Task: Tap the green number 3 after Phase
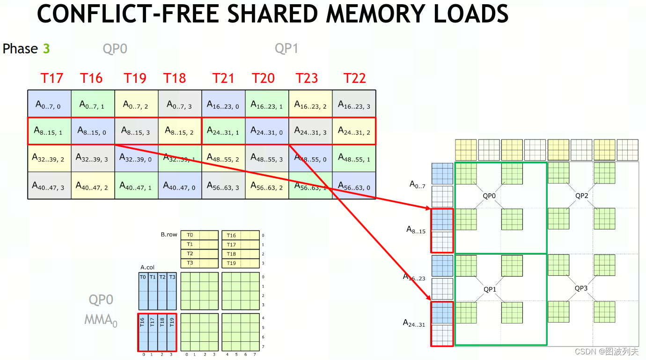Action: point(46,49)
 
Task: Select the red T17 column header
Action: point(51,78)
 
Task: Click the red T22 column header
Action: point(354,78)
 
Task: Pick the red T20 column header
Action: point(263,78)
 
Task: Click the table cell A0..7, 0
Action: point(49,104)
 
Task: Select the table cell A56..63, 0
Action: point(354,186)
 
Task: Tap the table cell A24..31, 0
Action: point(267,131)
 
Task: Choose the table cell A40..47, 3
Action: point(49,186)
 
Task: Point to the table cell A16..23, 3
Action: point(354,104)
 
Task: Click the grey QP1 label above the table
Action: point(286,49)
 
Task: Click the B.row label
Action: point(169,235)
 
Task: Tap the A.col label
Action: point(147,267)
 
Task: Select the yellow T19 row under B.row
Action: point(240,263)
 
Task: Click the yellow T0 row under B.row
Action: point(199,235)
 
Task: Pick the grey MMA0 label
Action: point(101,320)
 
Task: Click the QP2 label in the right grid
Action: point(581,196)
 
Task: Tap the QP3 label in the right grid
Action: point(581,288)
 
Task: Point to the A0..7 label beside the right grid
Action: point(417,185)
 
